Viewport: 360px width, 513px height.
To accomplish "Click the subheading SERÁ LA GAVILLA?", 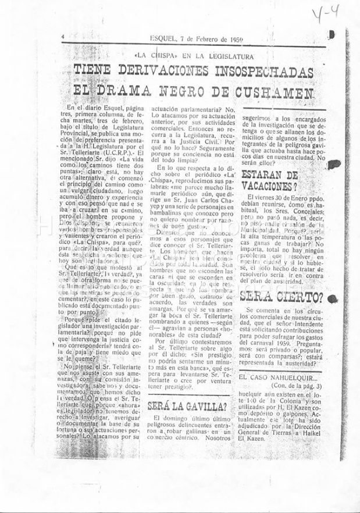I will point(187,405).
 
